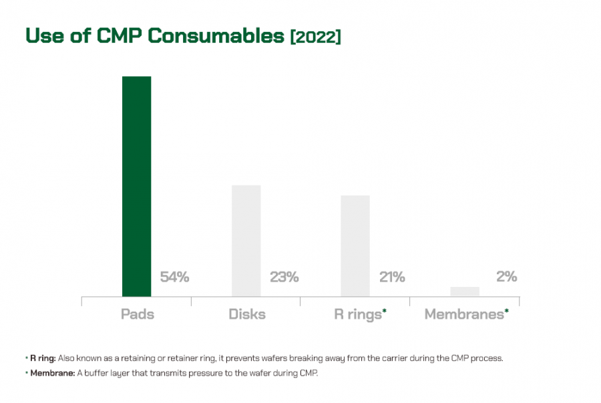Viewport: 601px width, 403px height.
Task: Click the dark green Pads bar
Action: click(x=136, y=186)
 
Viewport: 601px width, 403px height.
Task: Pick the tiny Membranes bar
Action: click(x=464, y=292)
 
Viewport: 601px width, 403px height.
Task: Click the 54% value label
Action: click(x=174, y=277)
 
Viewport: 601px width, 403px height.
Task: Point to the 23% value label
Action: click(x=284, y=277)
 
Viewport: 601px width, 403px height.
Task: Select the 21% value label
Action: click(x=392, y=277)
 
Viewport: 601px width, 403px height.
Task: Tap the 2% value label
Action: click(x=506, y=276)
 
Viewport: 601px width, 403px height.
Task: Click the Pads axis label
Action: click(x=137, y=314)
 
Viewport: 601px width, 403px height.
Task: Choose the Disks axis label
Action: click(x=246, y=314)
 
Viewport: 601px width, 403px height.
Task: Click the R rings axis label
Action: click(x=357, y=314)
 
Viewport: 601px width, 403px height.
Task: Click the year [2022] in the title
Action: click(x=315, y=37)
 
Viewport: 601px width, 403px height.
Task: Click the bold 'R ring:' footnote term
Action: click(x=43, y=358)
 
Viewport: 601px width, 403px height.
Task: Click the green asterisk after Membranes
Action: click(x=506, y=310)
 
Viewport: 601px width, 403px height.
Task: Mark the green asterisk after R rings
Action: click(x=385, y=310)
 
